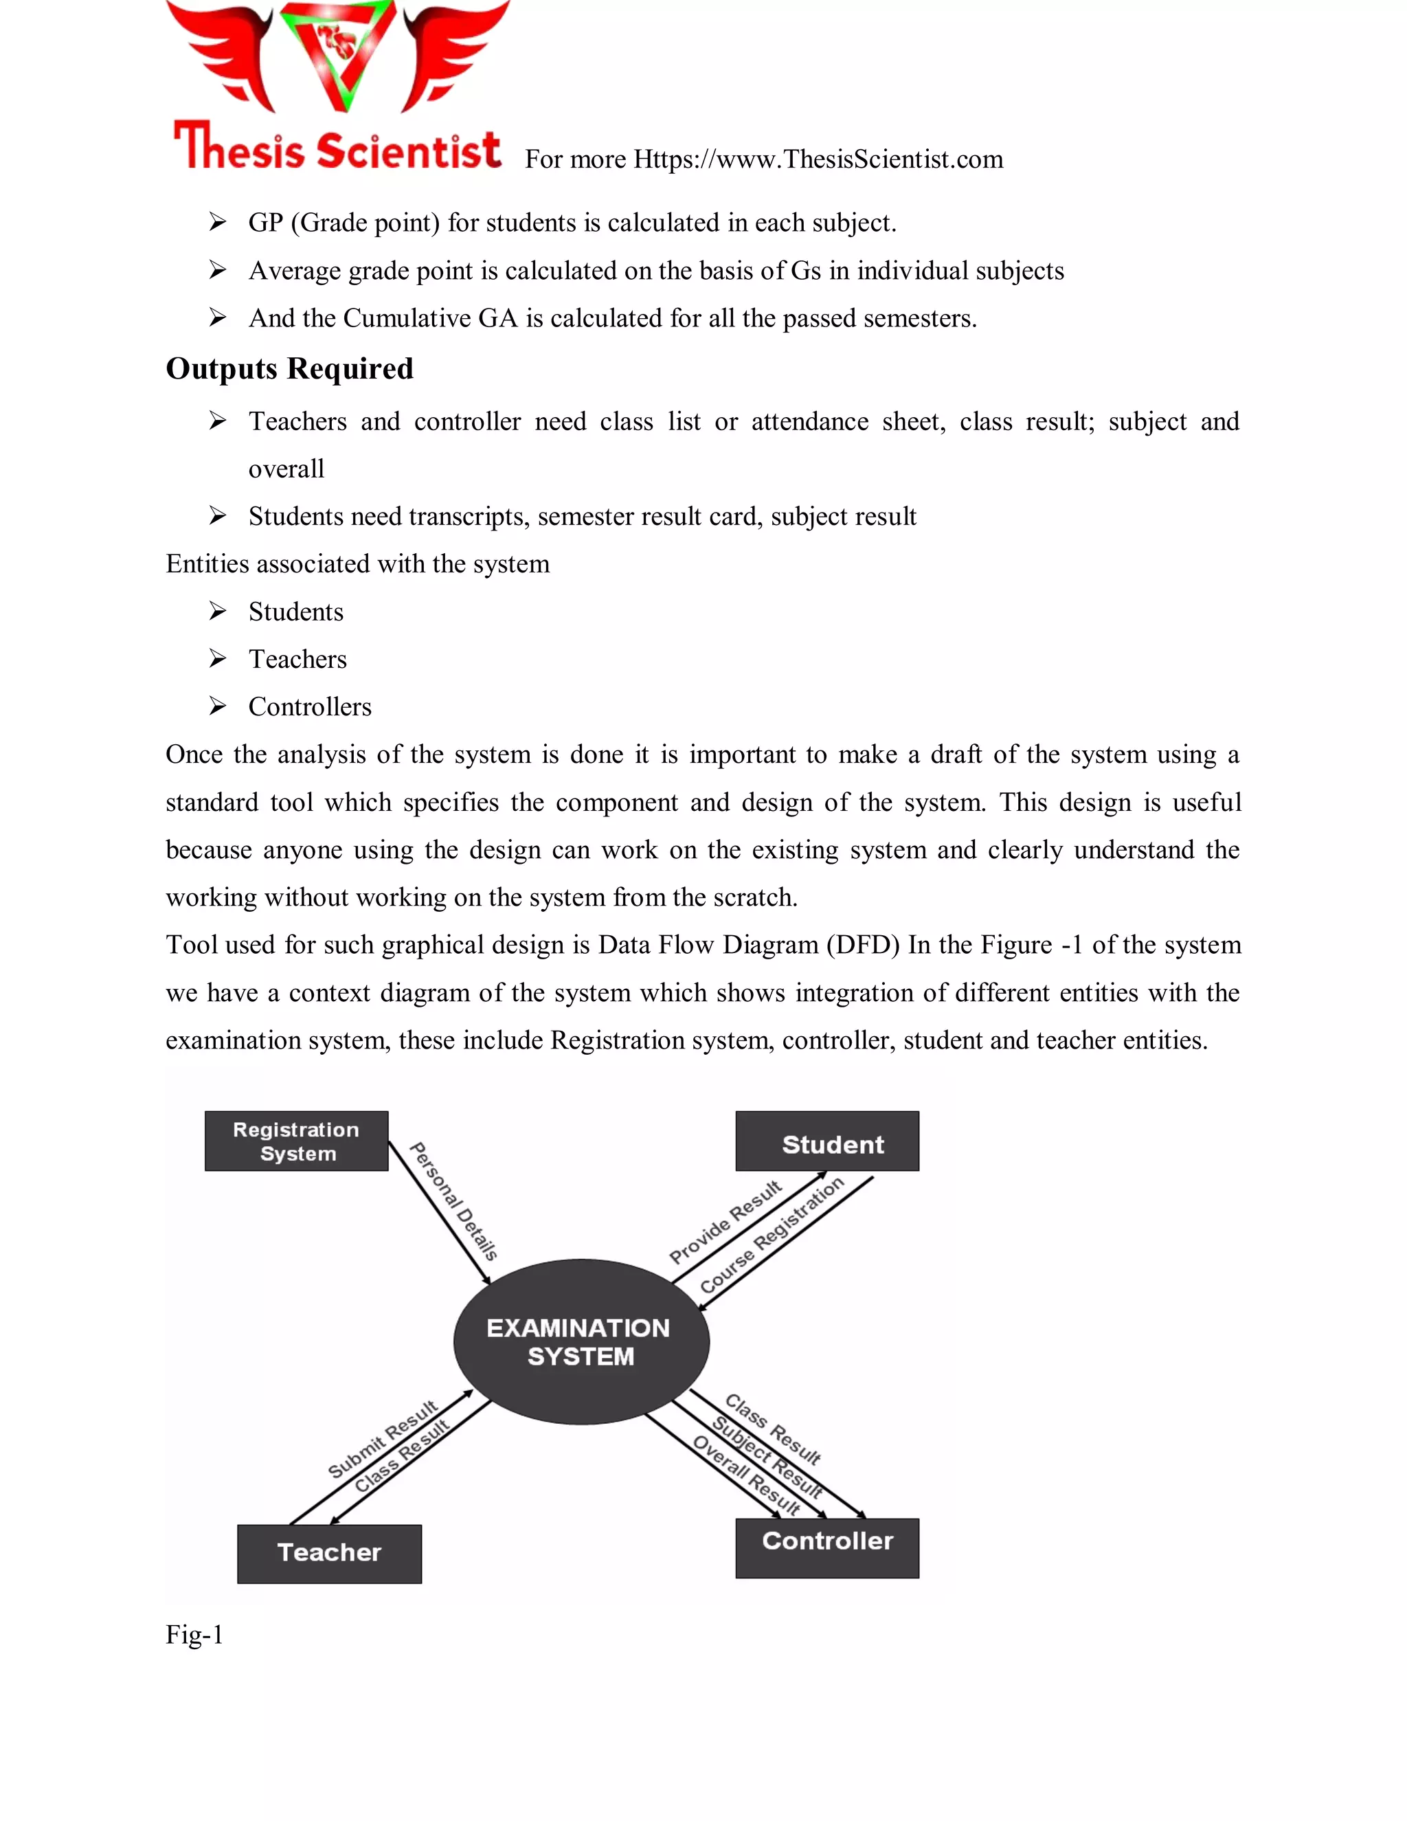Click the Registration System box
[x=296, y=1141]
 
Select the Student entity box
[x=827, y=1141]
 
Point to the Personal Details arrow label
[x=454, y=1200]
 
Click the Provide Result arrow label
[x=725, y=1222]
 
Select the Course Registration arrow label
[x=771, y=1235]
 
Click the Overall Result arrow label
[x=746, y=1476]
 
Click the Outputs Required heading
[x=289, y=368]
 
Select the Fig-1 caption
[x=194, y=1634]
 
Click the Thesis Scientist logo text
[x=337, y=149]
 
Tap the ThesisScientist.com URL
[x=818, y=159]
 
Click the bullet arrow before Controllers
[x=218, y=706]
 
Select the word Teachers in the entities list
[x=297, y=659]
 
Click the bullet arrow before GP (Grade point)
[x=218, y=222]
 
